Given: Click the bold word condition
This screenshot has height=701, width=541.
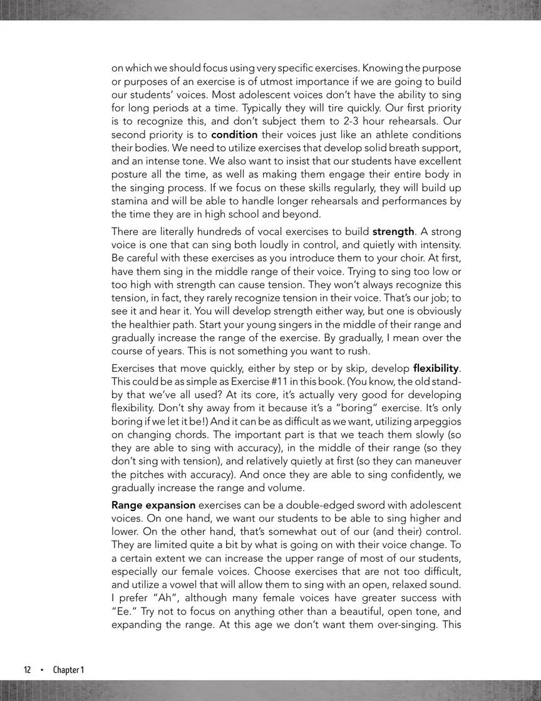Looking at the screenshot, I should point(234,135).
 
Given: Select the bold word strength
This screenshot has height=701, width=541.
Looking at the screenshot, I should point(393,231).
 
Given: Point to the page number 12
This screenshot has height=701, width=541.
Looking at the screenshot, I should point(28,670).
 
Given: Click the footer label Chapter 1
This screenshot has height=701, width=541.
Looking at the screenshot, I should point(68,670).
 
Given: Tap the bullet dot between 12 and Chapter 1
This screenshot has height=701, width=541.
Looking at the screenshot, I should point(42,670).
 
